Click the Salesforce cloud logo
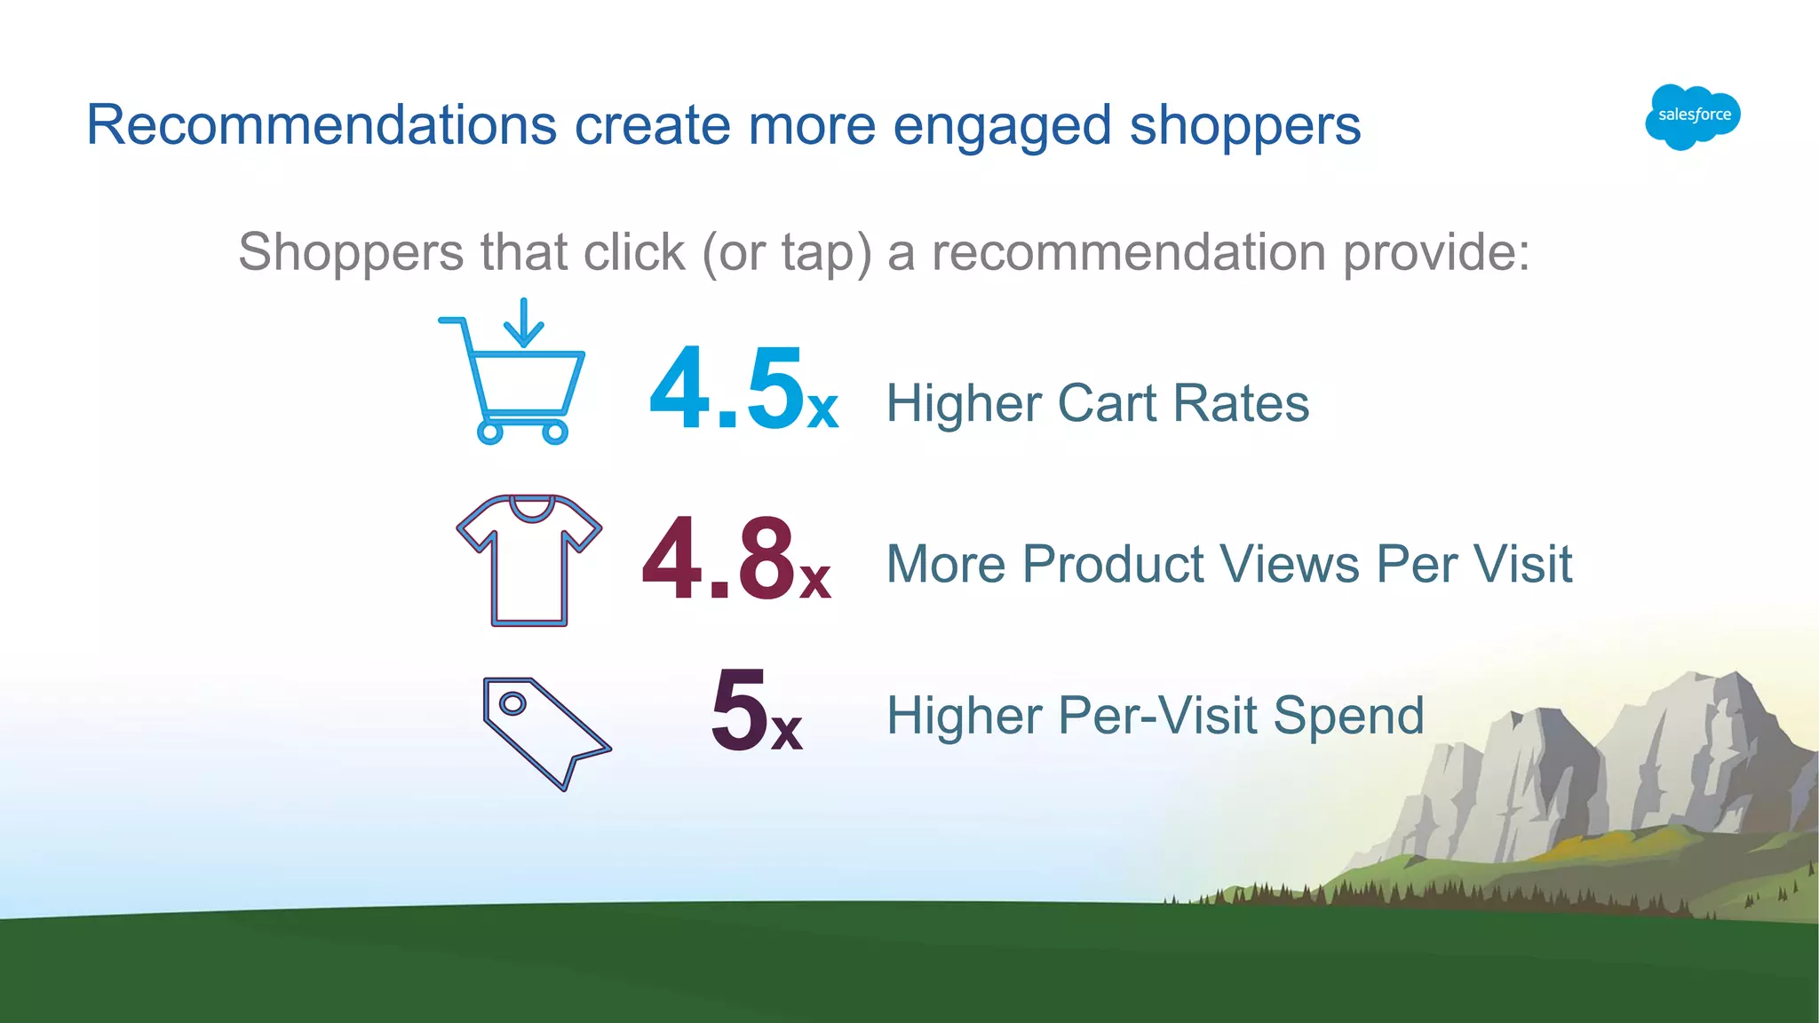[x=1693, y=116]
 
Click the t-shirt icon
[x=529, y=559]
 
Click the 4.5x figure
[x=743, y=391]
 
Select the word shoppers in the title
[x=1245, y=126]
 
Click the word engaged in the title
[x=1002, y=126]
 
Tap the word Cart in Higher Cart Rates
[x=1107, y=403]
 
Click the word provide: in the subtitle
[x=1436, y=253]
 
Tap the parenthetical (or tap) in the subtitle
[x=787, y=253]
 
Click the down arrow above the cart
[x=524, y=322]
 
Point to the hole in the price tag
[x=512, y=704]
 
